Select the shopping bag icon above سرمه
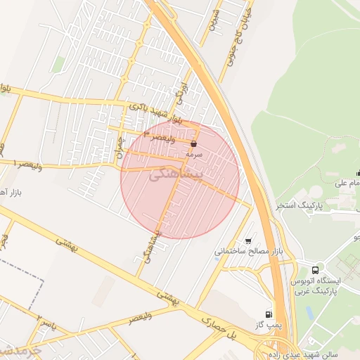(193, 142)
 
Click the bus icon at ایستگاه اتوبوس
(315, 269)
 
